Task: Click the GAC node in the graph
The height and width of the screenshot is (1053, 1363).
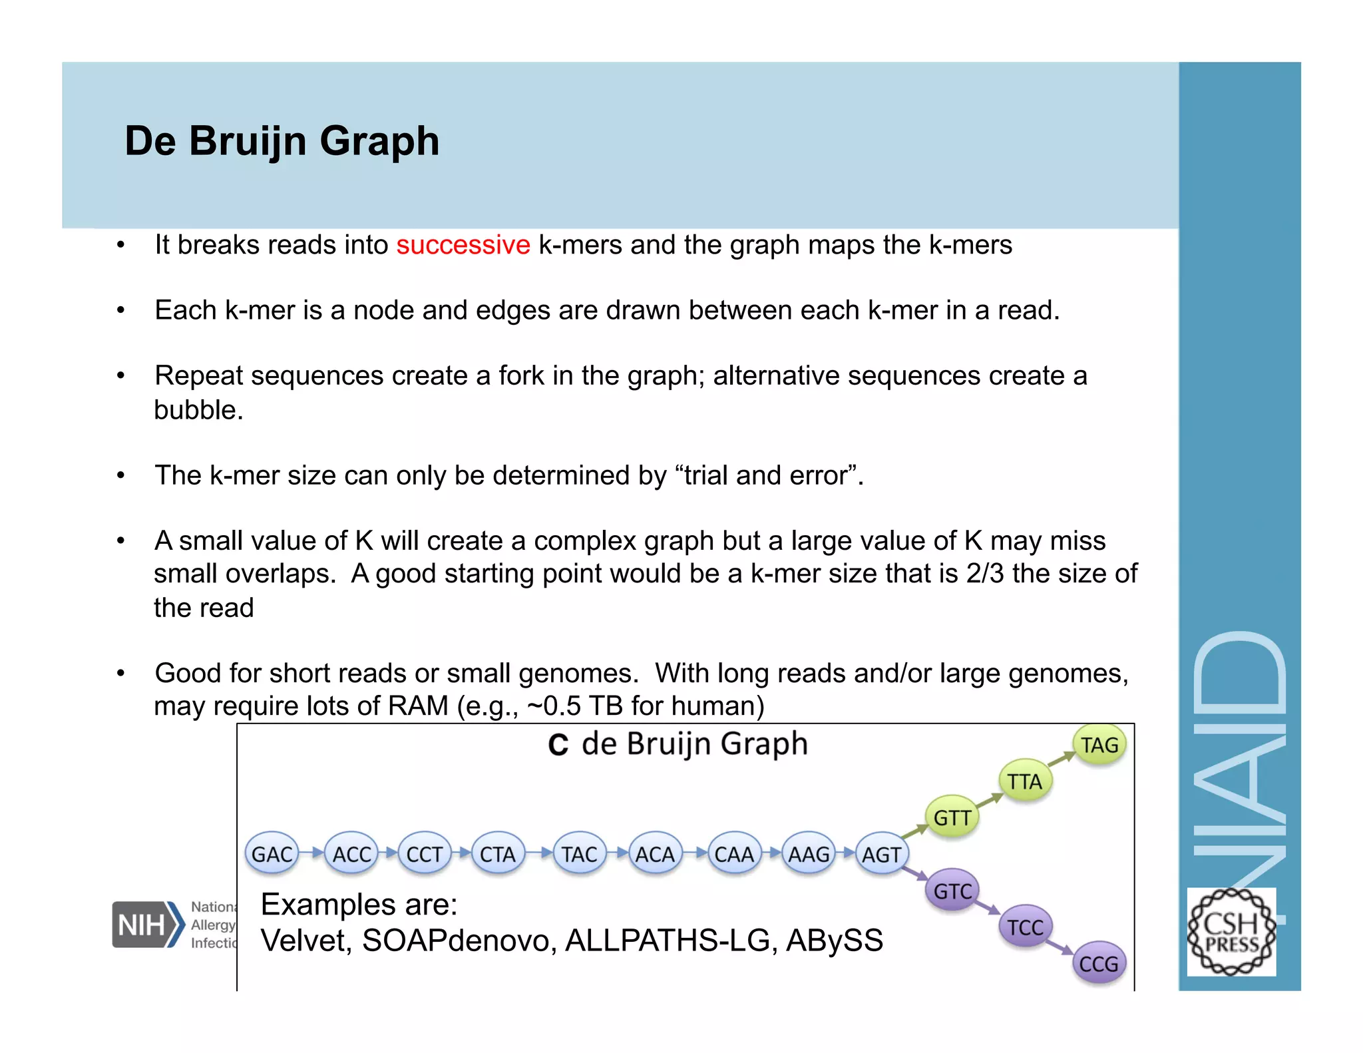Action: point(272,854)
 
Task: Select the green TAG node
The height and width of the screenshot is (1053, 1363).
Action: point(1099,745)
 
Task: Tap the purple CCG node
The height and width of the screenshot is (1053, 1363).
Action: point(1099,963)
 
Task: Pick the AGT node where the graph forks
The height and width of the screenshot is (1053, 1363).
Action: point(882,854)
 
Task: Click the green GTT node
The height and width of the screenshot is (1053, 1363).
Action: point(952,817)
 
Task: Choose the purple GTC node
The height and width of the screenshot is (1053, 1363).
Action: point(952,891)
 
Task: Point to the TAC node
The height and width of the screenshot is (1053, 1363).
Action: point(579,854)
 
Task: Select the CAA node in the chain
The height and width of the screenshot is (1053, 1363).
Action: point(734,854)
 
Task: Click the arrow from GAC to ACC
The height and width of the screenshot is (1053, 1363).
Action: point(311,853)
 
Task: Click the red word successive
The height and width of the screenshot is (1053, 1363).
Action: point(463,245)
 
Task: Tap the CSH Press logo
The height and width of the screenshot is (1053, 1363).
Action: point(1231,932)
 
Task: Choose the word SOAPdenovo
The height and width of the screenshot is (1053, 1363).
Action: point(459,941)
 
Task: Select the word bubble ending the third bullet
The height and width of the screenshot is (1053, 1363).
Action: point(197,410)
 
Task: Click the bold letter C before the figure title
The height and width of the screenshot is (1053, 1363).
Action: point(558,745)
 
